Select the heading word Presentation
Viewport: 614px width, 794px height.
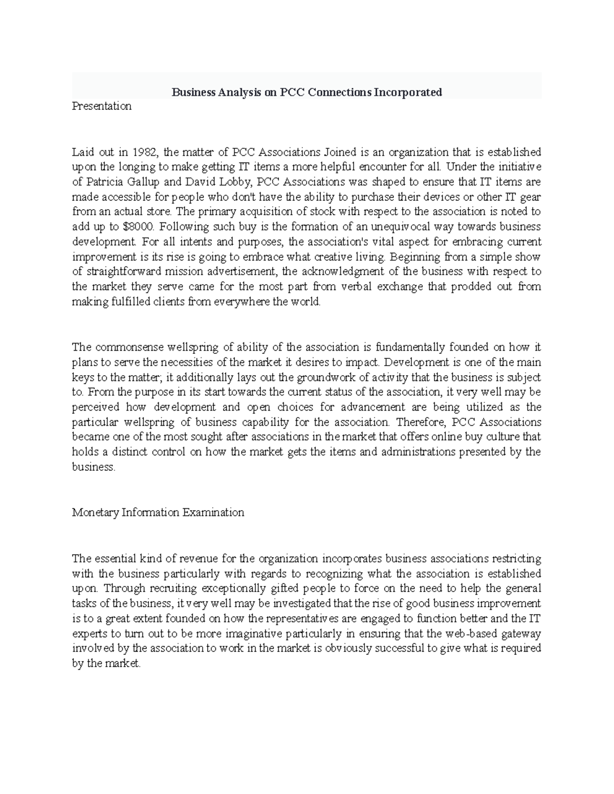click(102, 106)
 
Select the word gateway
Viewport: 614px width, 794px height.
click(521, 634)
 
